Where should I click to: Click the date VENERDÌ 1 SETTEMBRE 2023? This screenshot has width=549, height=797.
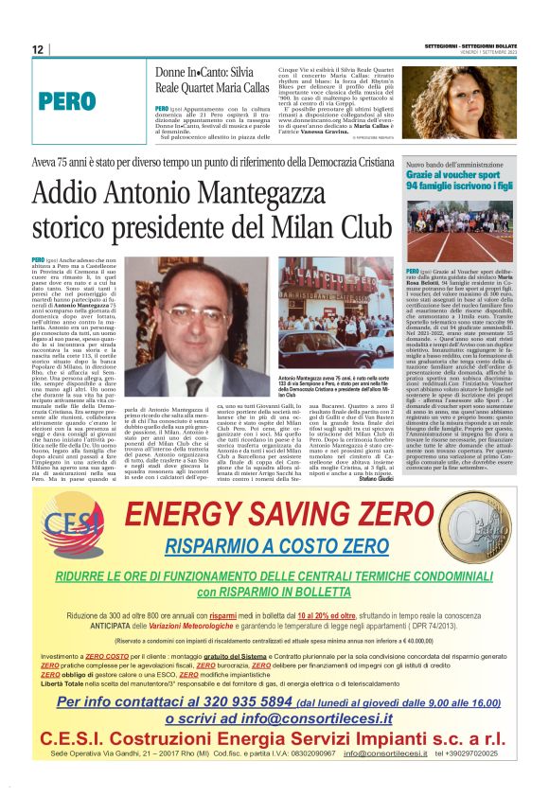click(492, 55)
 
